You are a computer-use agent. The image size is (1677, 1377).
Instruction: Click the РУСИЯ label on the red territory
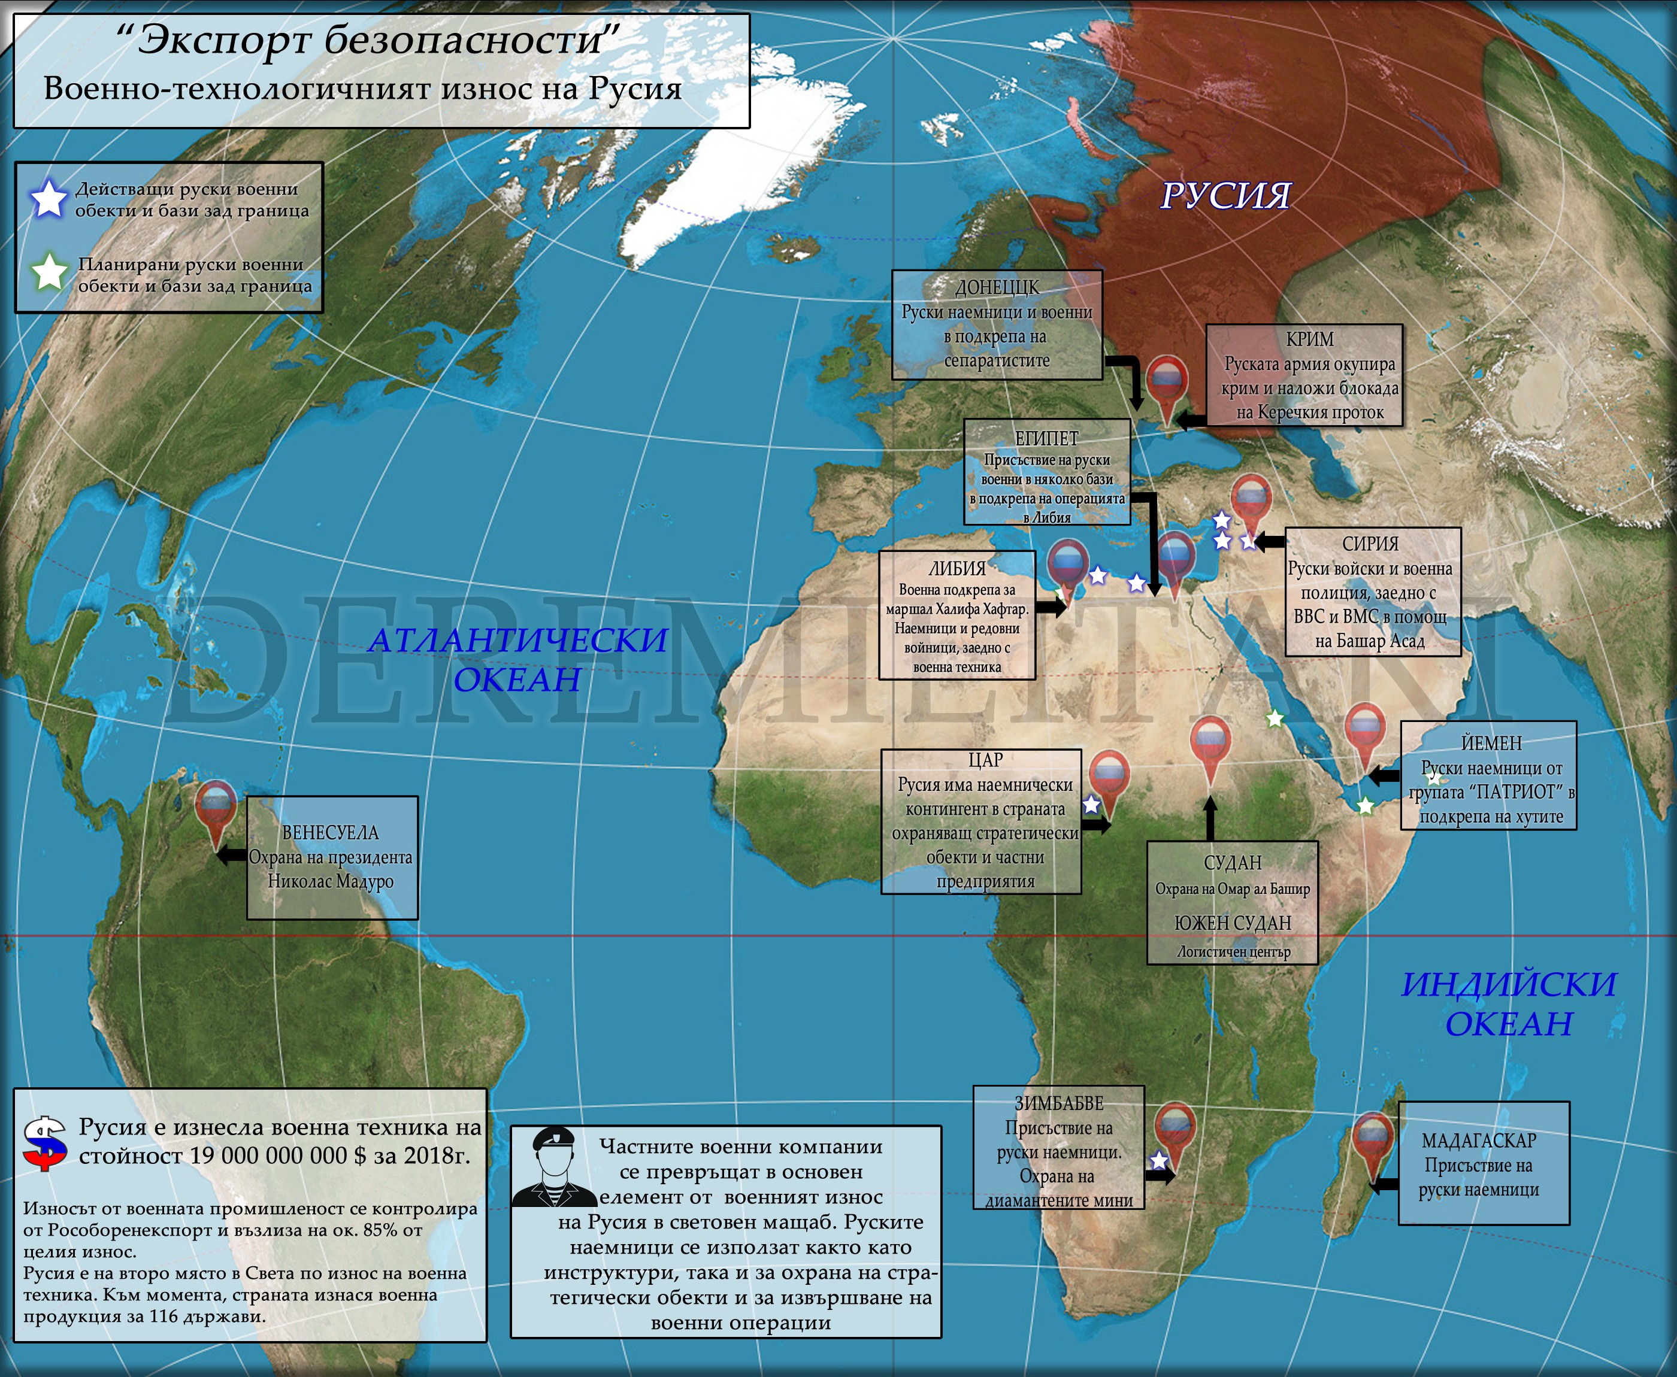[x=1225, y=195]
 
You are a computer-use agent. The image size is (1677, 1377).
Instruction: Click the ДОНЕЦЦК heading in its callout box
[x=997, y=287]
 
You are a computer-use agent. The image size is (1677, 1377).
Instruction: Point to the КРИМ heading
[x=1310, y=339]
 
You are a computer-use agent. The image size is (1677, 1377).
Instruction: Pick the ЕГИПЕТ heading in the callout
[x=1047, y=438]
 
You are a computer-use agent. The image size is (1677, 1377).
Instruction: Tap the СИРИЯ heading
[x=1370, y=544]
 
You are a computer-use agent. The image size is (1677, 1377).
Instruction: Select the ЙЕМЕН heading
[x=1491, y=743]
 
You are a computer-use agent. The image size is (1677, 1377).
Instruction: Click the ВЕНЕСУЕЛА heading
[x=331, y=833]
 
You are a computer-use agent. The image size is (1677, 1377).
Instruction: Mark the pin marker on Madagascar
[x=1372, y=1140]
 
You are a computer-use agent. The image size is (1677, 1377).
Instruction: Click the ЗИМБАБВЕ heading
[x=1059, y=1103]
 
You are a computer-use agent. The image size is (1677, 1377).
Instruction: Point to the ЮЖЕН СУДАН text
[x=1233, y=923]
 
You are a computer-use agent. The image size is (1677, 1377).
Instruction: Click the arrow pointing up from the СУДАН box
[x=1210, y=817]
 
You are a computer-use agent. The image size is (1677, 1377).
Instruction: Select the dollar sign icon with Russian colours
[x=45, y=1143]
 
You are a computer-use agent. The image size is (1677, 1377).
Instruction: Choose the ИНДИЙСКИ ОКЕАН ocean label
[x=1509, y=1004]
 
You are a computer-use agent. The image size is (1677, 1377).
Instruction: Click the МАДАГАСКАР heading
[x=1479, y=1141]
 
